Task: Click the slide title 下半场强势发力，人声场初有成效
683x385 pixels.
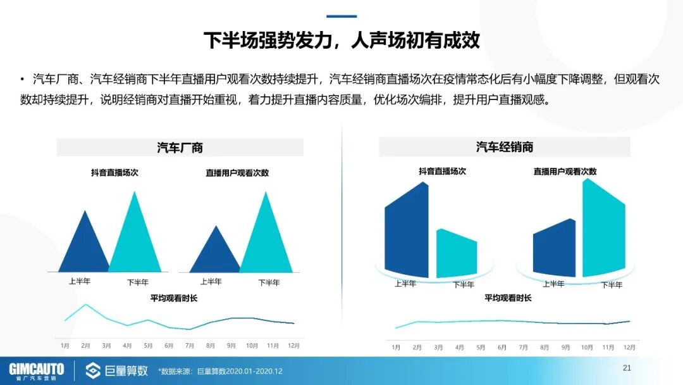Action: tap(341, 41)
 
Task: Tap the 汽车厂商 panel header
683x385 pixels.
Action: tap(180, 148)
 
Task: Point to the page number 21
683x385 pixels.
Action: tap(627, 368)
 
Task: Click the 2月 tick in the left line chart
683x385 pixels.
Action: tap(85, 346)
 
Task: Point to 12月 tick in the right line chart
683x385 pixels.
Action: tap(629, 348)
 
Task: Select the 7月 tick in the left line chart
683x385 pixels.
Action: tap(190, 346)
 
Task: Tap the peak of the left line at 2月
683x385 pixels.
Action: tap(86, 305)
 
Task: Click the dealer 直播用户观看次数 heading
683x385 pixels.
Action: tap(565, 172)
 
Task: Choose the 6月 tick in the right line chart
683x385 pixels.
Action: tap(502, 348)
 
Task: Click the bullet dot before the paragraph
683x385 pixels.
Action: tap(22, 80)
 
